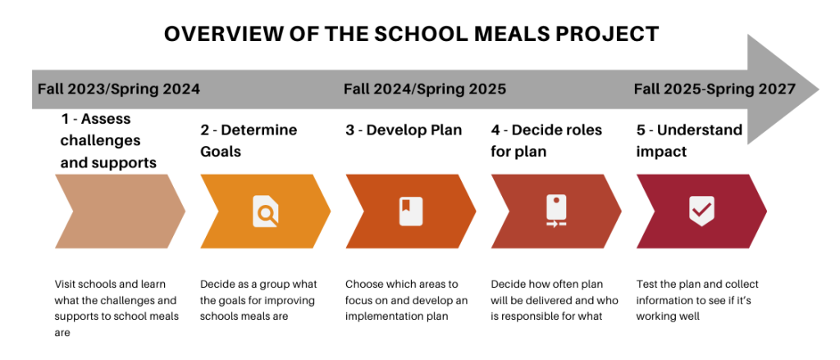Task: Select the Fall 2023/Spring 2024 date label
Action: point(119,89)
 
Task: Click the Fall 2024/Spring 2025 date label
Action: point(425,89)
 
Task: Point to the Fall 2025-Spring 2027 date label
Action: point(714,89)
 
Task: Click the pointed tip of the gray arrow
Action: point(819,89)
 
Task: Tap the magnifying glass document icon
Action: point(266,211)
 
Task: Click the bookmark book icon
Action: point(411,211)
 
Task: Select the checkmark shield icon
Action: point(702,211)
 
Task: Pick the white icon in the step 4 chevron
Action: point(556,211)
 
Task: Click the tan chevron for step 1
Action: point(120,211)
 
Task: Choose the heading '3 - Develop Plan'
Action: point(404,130)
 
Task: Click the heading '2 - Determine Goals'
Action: point(249,141)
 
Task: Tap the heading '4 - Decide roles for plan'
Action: point(546,141)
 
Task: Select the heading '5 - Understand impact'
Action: point(689,141)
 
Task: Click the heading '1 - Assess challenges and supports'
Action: point(109,140)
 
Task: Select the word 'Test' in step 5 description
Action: point(646,284)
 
